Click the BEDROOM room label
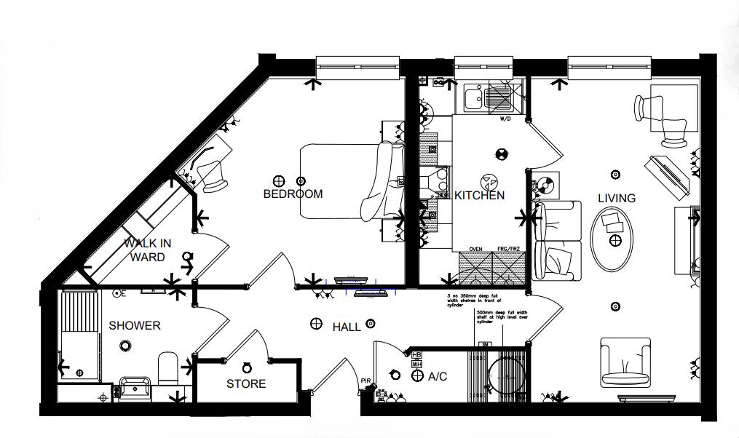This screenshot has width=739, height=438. coord(293,194)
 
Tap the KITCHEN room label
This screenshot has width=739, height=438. coord(479,196)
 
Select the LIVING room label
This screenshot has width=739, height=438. coord(616,198)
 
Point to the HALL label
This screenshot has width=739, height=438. coord(347,327)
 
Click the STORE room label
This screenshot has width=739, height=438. coord(245,383)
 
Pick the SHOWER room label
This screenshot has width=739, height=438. coord(134,326)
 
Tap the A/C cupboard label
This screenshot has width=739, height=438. coord(437,377)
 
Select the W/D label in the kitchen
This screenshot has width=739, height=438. coord(505,119)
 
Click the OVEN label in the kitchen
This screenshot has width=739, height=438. coord(475,249)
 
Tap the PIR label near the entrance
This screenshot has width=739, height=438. coord(366,381)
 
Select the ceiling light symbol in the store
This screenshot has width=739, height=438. coord(246,367)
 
